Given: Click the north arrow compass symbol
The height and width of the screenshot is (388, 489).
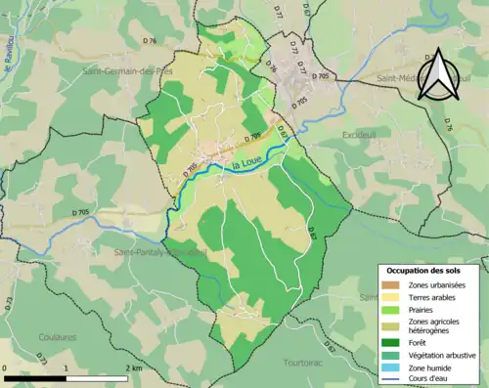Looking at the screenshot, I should coord(438,74).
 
